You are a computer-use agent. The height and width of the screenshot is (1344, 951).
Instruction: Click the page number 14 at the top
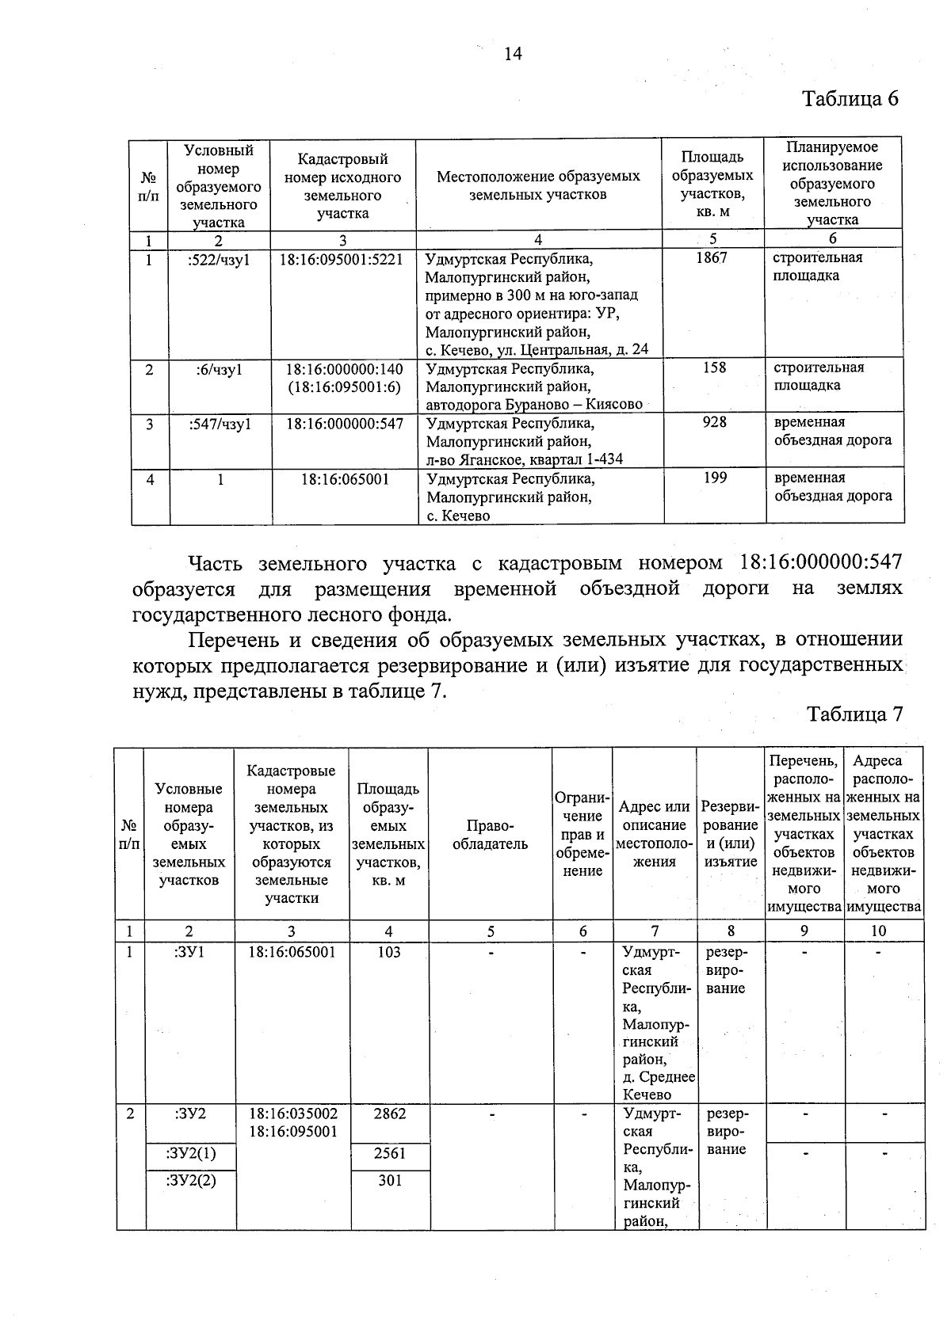coord(512,54)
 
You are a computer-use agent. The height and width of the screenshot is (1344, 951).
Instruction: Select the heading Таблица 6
coord(850,99)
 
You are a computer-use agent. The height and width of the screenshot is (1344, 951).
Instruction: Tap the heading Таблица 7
coord(854,714)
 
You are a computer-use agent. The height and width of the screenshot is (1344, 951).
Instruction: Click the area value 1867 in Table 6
coord(711,258)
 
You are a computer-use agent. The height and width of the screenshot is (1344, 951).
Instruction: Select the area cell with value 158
coord(714,368)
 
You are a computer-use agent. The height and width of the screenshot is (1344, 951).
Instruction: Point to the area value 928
coord(714,423)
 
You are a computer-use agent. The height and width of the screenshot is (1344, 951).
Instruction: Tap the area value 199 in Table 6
coord(715,478)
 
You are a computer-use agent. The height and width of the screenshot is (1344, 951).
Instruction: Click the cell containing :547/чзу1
coord(220,425)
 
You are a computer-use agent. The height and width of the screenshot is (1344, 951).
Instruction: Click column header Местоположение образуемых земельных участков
coord(538,185)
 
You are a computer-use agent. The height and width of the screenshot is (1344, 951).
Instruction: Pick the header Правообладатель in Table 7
coord(490,835)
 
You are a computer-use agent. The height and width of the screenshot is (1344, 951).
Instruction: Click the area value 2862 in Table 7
coord(389,1114)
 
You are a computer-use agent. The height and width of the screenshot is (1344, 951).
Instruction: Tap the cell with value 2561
coord(389,1154)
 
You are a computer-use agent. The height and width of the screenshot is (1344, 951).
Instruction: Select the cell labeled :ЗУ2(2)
coord(190,1180)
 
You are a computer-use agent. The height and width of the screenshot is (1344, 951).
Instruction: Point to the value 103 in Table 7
coord(388,953)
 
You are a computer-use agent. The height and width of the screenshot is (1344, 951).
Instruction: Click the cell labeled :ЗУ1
coord(189,953)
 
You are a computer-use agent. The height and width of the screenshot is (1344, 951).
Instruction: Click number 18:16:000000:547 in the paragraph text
coord(820,563)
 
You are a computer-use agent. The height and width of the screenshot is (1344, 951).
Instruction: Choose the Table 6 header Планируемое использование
coord(832,184)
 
